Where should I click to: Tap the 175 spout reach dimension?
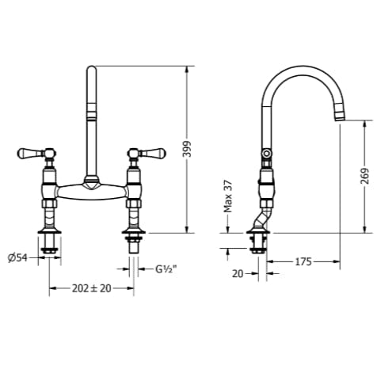(x=303, y=260)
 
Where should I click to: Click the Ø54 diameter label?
(x=17, y=257)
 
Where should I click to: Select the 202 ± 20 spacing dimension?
(x=92, y=289)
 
